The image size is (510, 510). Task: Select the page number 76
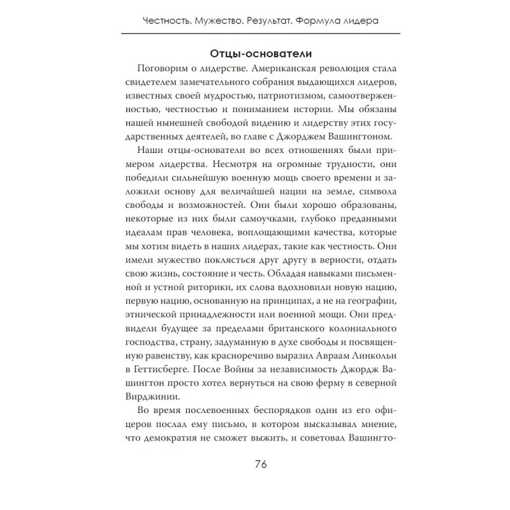click(255, 463)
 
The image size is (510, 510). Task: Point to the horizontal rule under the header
click(255, 33)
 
